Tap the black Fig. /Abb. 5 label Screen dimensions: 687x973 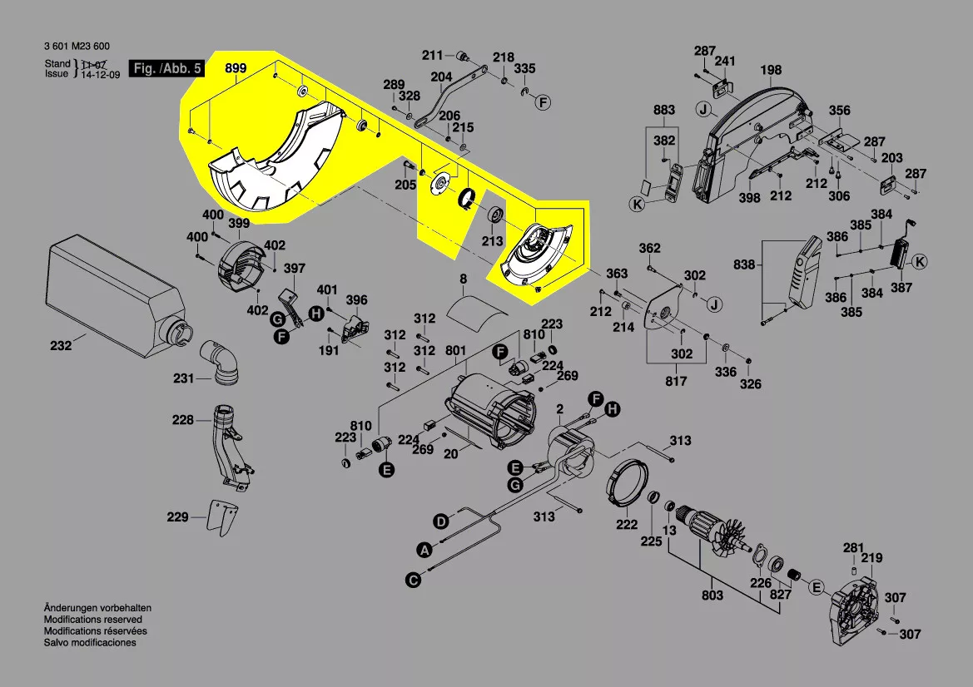point(166,69)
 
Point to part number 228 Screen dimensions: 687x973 point(182,420)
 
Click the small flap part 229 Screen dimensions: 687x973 point(221,517)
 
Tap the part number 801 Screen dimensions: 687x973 point(455,351)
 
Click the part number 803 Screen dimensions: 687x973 point(712,596)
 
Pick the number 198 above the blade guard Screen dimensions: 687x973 point(771,70)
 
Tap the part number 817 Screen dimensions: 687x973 point(676,381)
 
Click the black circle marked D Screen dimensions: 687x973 point(440,521)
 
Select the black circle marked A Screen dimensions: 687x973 point(424,550)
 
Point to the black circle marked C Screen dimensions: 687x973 point(413,580)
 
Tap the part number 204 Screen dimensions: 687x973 point(441,77)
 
